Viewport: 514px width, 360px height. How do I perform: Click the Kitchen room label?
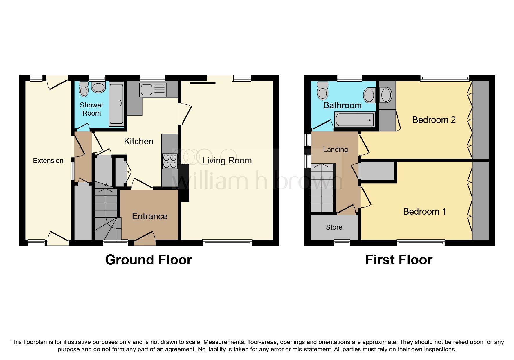tap(138, 141)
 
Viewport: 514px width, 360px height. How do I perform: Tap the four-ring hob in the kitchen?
tap(170, 161)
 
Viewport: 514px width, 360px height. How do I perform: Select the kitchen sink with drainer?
tap(153, 89)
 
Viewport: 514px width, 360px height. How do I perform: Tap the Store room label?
tap(334, 227)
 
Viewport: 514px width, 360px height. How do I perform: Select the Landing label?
tap(336, 150)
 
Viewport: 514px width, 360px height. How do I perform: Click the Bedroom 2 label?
tap(434, 120)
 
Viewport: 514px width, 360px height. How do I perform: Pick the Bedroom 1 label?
tap(424, 212)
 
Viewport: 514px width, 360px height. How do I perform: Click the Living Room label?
tap(227, 161)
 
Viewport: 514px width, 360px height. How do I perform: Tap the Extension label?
tap(48, 161)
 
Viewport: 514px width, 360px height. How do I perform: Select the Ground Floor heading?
tap(148, 260)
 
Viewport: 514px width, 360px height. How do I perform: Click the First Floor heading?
tap(398, 260)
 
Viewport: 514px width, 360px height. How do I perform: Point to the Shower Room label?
tap(91, 109)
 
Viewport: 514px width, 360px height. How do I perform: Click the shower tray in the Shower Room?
tap(116, 104)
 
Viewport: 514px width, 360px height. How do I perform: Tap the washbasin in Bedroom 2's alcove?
tap(386, 95)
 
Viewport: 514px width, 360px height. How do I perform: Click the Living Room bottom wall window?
tap(227, 242)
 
